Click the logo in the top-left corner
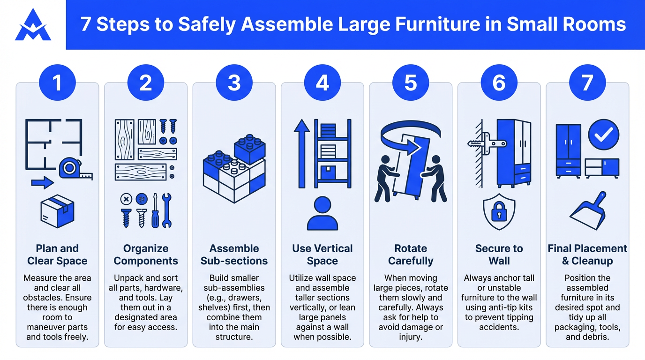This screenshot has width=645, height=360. coord(33,25)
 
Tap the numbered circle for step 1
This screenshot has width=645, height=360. coord(57,83)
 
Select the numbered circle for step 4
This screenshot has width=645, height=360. coord(322,83)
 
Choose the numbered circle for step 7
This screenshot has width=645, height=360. coord(587,83)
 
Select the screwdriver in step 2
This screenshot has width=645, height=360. coord(155,211)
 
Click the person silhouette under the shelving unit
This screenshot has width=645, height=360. coord(322,213)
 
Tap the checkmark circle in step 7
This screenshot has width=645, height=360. coord(603,135)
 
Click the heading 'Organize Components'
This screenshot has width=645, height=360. coord(146,255)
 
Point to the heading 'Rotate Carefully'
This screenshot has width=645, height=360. coord(411,255)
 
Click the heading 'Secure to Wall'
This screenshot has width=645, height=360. coord(499,255)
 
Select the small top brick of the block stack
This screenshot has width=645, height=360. coord(249,149)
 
